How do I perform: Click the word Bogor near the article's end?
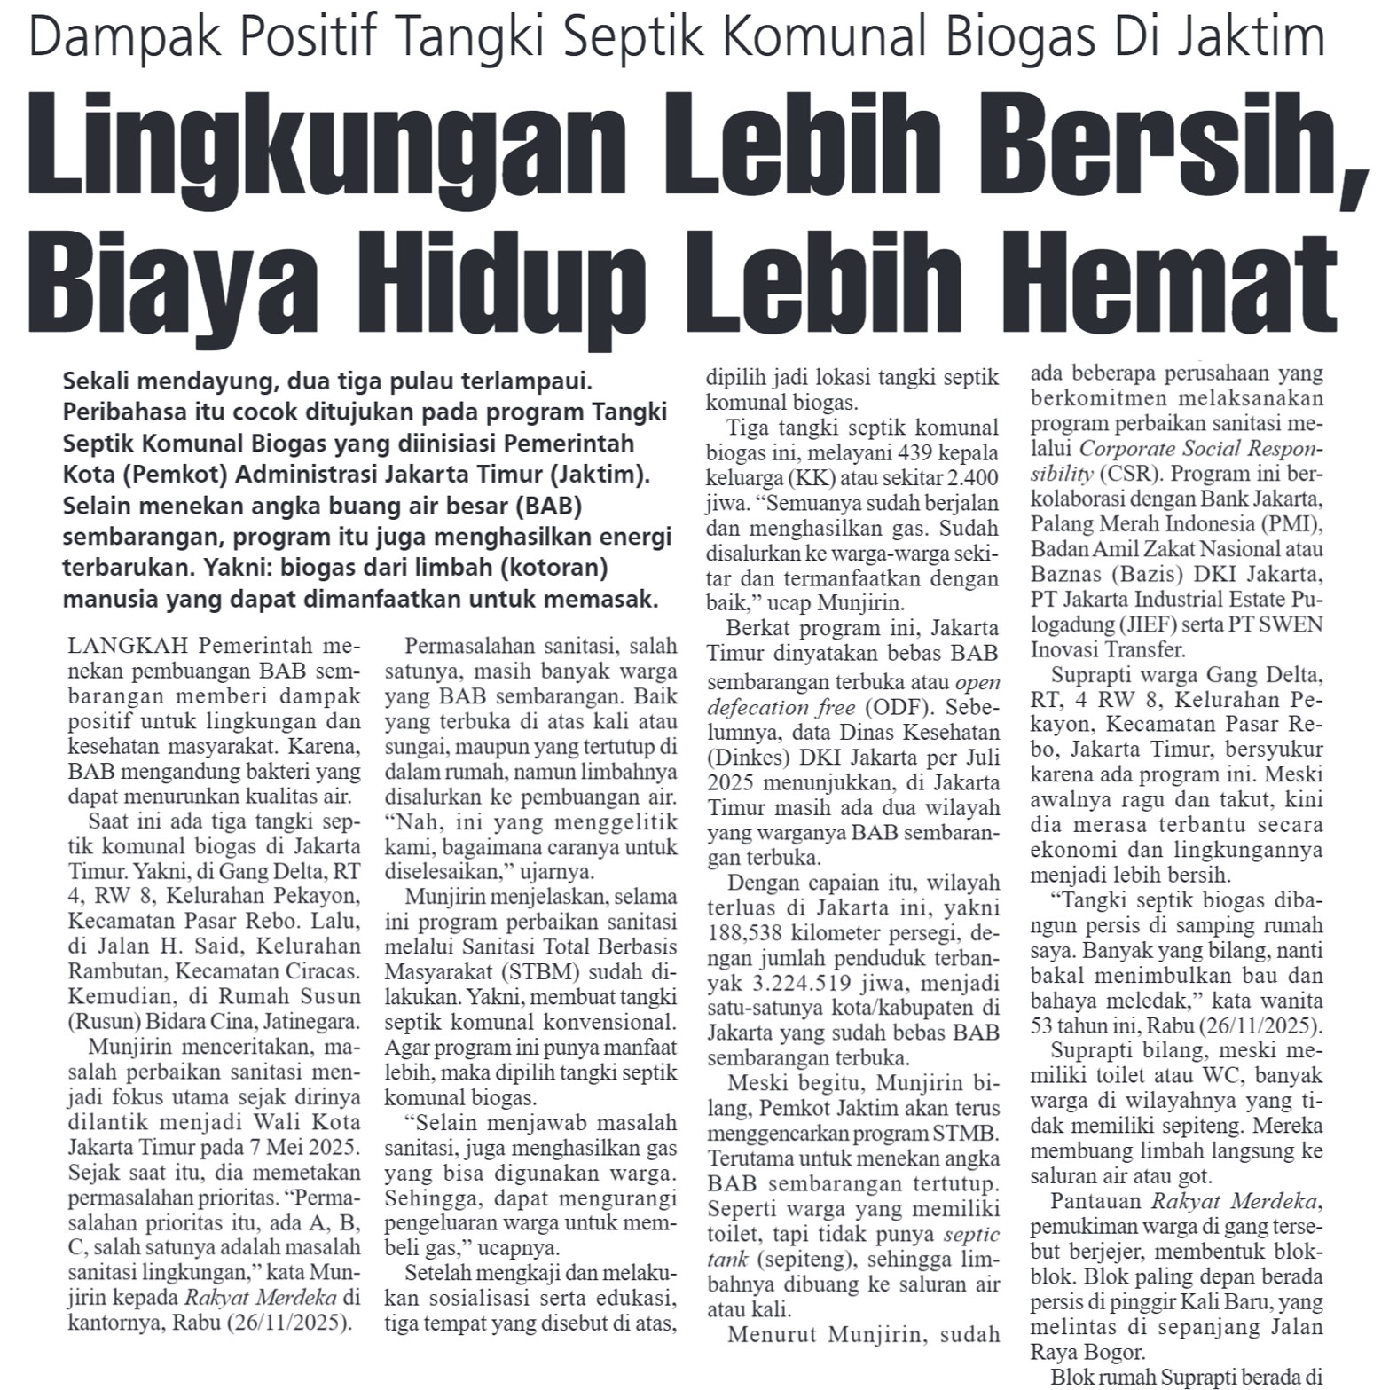pyautogui.click(x=1109, y=1354)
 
